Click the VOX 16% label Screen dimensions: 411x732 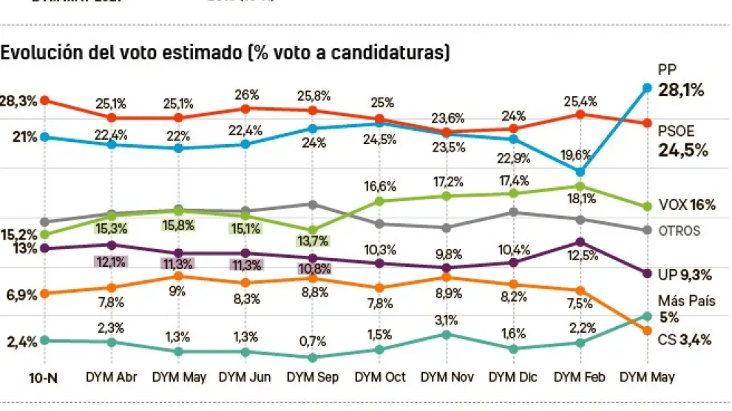click(x=687, y=205)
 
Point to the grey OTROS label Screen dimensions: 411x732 click(x=679, y=231)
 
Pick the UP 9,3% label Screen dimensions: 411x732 click(x=685, y=274)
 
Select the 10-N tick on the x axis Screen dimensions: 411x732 click(x=44, y=377)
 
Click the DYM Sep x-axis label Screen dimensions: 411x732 click(x=311, y=377)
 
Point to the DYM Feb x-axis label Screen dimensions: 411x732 click(x=580, y=377)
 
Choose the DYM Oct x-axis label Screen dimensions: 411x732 click(x=379, y=377)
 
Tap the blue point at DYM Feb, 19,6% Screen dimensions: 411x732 click(x=580, y=171)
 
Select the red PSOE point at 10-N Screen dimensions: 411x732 click(x=44, y=100)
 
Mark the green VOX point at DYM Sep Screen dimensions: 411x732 click(x=312, y=229)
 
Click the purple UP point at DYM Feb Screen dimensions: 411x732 click(x=580, y=242)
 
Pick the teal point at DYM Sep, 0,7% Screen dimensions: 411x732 click(x=312, y=357)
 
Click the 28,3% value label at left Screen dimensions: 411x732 click(x=19, y=101)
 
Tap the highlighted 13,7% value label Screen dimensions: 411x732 click(x=312, y=241)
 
